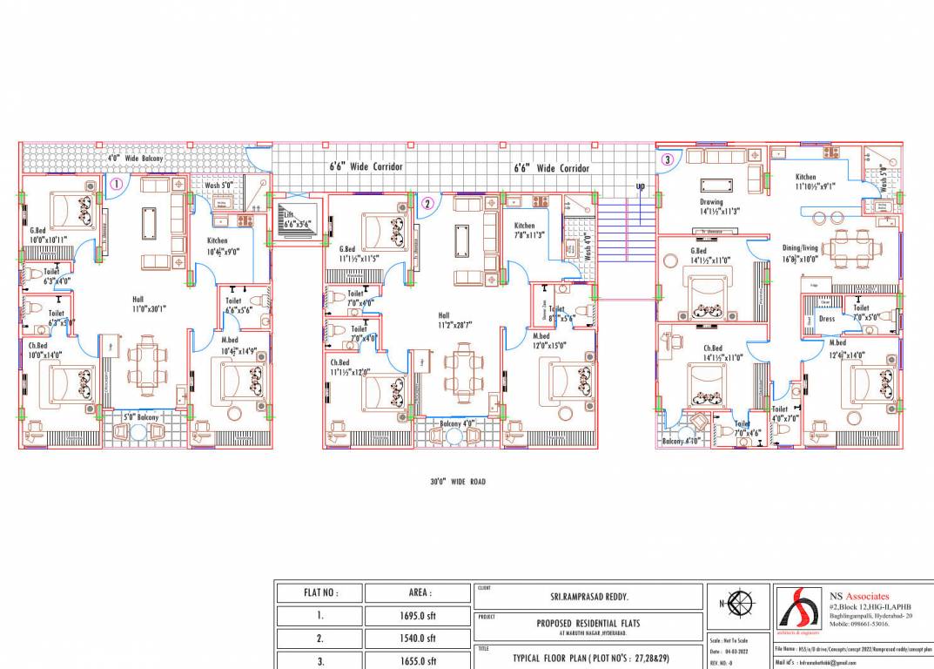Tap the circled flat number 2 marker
click(x=427, y=204)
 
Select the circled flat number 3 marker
click(x=667, y=159)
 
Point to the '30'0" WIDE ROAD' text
click(x=458, y=482)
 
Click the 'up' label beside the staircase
click(x=641, y=186)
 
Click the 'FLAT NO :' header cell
click(x=320, y=592)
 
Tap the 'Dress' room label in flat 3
click(x=827, y=319)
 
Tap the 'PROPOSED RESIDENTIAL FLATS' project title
click(x=589, y=623)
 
